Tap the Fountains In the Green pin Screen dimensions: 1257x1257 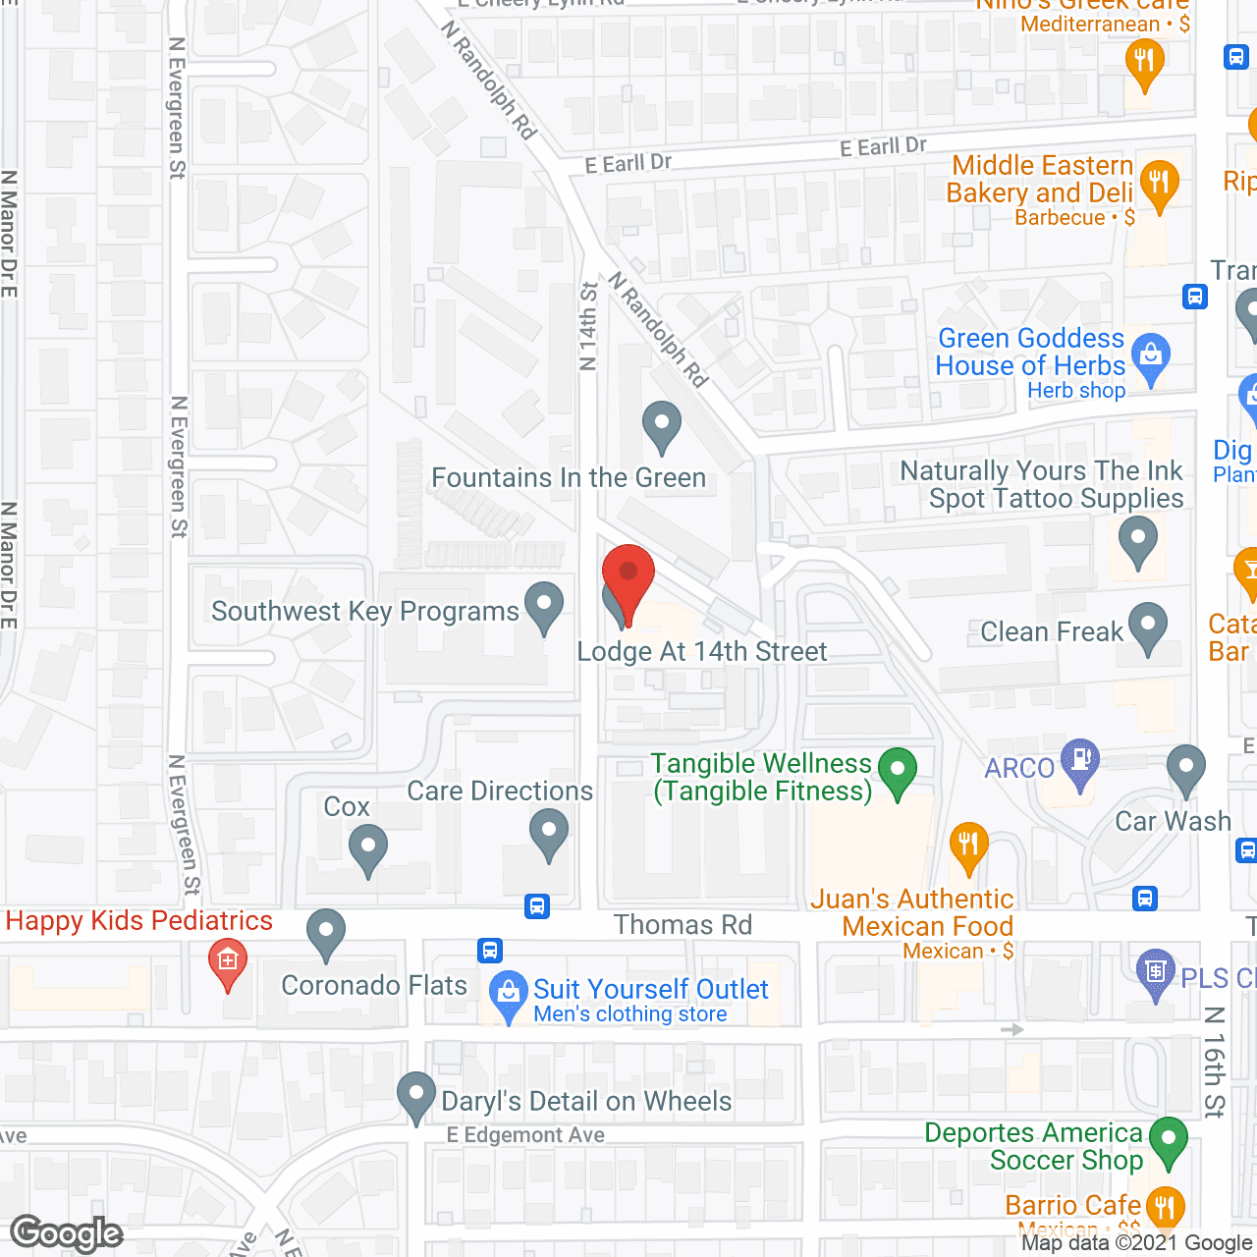(x=662, y=426)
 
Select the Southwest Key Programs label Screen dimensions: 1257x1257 (x=364, y=612)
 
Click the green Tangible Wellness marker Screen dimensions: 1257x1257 (x=897, y=772)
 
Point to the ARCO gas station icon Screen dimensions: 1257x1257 (x=1080, y=762)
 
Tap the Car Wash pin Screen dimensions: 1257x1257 (x=1186, y=769)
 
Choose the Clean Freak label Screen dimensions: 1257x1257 (x=1051, y=631)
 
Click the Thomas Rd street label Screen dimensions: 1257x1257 (x=683, y=925)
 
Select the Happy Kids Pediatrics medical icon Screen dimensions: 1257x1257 (x=228, y=961)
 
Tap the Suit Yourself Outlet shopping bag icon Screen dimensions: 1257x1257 (x=508, y=994)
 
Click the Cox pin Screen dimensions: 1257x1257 (x=368, y=848)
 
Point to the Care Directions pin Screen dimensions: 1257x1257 (x=548, y=833)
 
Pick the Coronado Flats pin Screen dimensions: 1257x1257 (x=325, y=933)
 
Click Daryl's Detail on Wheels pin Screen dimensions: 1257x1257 (x=416, y=1095)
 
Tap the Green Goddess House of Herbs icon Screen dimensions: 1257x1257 (x=1151, y=356)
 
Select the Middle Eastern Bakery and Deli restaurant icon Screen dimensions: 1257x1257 (x=1160, y=184)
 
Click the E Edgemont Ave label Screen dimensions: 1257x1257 (x=525, y=1135)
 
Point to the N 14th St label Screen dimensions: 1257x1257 (x=588, y=326)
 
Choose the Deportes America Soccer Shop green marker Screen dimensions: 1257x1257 (x=1168, y=1141)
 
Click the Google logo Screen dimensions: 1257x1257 (x=67, y=1233)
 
